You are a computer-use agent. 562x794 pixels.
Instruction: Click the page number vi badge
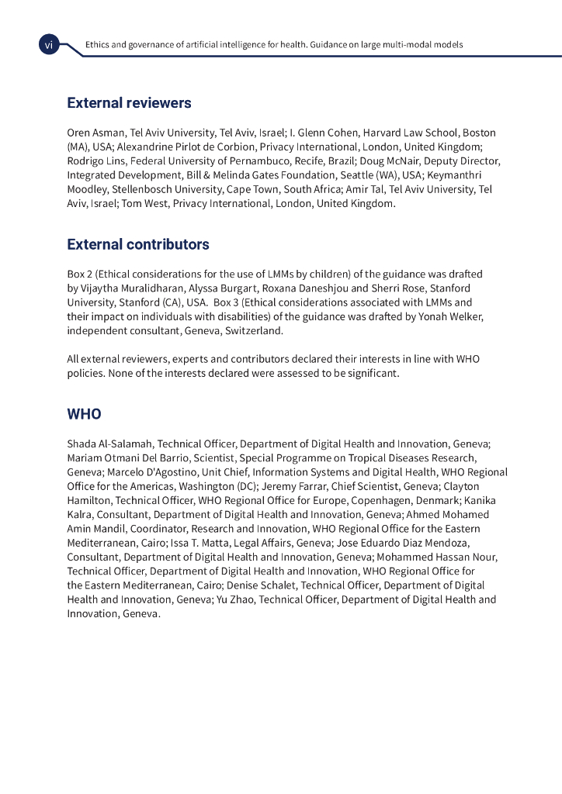coord(48,46)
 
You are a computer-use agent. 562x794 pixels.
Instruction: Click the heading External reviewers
coord(129,103)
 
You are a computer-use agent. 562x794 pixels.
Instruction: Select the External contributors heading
coord(138,245)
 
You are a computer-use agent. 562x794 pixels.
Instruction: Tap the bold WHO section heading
coord(84,414)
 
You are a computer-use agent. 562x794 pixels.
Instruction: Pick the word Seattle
coord(359,175)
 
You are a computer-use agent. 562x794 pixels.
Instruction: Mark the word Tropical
coord(356,458)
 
